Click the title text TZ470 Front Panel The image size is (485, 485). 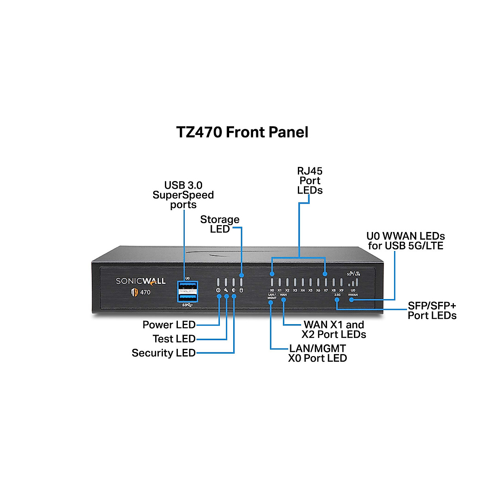pyautogui.click(x=242, y=132)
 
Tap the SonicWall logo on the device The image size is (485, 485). pyautogui.click(x=141, y=281)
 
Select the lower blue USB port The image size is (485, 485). pyautogui.click(x=187, y=297)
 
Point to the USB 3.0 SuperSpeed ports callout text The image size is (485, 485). pyautogui.click(x=183, y=195)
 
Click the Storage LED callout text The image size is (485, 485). pyautogui.click(x=220, y=224)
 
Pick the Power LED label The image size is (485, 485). pyautogui.click(x=169, y=325)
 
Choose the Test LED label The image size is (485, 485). pyautogui.click(x=174, y=339)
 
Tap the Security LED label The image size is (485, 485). pyautogui.click(x=164, y=353)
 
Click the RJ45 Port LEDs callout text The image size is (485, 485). pyautogui.click(x=310, y=181)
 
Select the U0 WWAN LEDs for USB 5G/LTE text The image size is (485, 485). pyautogui.click(x=405, y=241)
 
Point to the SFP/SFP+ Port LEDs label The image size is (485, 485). pyautogui.click(x=432, y=310)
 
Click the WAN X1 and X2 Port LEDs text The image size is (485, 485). pyautogui.click(x=334, y=329)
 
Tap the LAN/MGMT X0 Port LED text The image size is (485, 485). pyautogui.click(x=317, y=353)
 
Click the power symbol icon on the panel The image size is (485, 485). pyautogui.click(x=218, y=290)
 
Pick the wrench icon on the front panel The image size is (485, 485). pyautogui.click(x=226, y=290)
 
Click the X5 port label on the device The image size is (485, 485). pyautogui.click(x=310, y=290)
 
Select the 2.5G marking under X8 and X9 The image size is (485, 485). pyautogui.click(x=337, y=295)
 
